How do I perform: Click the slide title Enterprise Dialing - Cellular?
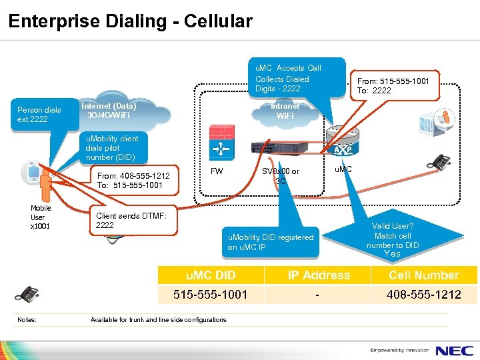[x=131, y=21]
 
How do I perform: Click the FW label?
[x=217, y=171]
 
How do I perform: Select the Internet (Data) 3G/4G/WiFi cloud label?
[x=108, y=111]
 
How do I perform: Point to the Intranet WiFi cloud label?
[x=285, y=111]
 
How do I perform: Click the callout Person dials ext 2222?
[x=39, y=115]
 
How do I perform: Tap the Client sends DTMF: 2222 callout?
[x=133, y=220]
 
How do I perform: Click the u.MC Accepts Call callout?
[x=288, y=77]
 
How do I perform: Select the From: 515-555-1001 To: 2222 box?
[x=393, y=85]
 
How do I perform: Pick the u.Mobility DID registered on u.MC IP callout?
[x=270, y=242]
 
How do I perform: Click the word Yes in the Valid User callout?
[x=393, y=254]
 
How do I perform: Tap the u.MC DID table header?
[x=210, y=275]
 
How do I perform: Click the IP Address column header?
[x=318, y=275]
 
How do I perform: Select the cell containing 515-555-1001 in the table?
[x=210, y=294]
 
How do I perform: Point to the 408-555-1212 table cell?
[x=424, y=294]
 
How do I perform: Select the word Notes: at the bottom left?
[x=27, y=320]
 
